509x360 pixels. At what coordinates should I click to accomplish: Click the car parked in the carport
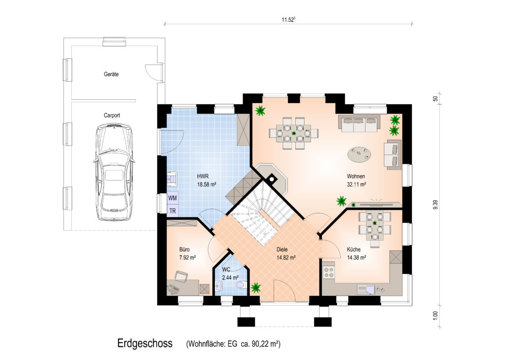114,172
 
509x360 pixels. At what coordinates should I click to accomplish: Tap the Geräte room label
111,74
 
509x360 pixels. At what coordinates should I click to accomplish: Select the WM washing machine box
172,198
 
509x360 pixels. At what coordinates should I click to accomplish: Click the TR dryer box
172,211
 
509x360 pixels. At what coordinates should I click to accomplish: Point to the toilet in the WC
240,285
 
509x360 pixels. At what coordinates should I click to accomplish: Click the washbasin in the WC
219,287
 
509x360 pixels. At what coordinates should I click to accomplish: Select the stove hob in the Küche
329,272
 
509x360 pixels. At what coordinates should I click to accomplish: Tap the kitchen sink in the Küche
366,289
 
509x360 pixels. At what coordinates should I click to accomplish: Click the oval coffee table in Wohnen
359,154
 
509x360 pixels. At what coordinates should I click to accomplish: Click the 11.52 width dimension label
288,20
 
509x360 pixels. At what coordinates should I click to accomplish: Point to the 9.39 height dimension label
435,205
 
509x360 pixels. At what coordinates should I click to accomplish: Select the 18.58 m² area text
207,184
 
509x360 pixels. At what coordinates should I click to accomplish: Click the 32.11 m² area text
356,184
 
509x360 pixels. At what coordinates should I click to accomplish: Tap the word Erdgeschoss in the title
145,343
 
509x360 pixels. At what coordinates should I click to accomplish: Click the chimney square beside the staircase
271,178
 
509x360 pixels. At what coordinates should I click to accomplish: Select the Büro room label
184,249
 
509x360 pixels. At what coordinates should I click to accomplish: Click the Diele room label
282,249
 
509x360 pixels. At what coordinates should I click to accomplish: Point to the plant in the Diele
256,288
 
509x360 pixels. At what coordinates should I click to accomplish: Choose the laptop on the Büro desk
181,276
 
